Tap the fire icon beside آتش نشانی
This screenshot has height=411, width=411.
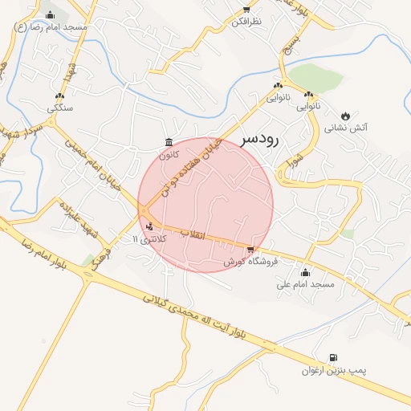pyautogui.click(x=346, y=116)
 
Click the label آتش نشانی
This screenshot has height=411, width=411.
pyautogui.click(x=346, y=128)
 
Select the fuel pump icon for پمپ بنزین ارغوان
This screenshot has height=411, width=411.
pyautogui.click(x=333, y=357)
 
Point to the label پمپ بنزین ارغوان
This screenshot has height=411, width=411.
pyautogui.click(x=333, y=370)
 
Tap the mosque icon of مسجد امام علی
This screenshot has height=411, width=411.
pyautogui.click(x=304, y=271)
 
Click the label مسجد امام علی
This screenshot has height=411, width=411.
pyautogui.click(x=305, y=284)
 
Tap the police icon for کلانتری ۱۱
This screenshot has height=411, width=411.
pyautogui.click(x=150, y=226)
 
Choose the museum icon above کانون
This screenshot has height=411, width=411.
pyautogui.click(x=168, y=142)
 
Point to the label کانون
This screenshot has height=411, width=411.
pyautogui.click(x=168, y=155)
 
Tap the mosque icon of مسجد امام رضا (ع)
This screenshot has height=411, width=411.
pyautogui.click(x=51, y=14)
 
